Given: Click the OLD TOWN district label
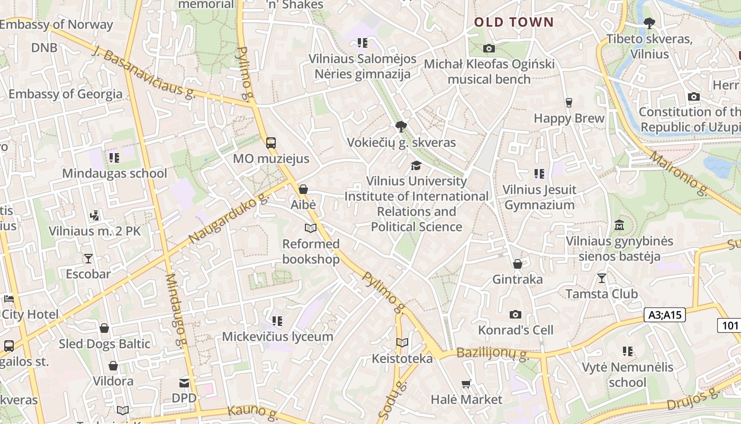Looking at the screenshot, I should coord(513,22).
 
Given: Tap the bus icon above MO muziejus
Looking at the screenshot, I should coord(270,143).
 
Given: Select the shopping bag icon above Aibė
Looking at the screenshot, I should coord(303,189).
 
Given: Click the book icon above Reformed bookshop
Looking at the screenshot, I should coord(311,228).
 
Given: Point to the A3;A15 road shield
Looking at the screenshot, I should coord(665,315).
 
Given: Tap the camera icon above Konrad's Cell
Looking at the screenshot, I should coord(516,314).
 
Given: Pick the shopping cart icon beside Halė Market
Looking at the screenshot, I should coord(466,384).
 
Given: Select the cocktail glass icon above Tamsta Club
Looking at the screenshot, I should coord(601,278).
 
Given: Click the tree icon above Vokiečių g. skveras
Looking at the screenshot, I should coord(401,127).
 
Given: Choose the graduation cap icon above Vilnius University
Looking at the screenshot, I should coord(416,165).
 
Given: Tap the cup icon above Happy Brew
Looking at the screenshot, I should coord(569,102).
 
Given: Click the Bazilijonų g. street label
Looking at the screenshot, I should coord(492,353).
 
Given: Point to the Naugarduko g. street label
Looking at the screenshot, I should coord(229,218).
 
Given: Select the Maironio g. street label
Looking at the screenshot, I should coord(679,173).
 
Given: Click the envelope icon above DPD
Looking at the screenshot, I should coord(184,383).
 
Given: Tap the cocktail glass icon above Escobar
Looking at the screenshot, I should coord(88,259).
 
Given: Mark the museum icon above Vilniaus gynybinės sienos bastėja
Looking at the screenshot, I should coord(619,225).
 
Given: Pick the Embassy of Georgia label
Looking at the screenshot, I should coord(66,94).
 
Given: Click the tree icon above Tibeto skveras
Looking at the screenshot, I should coord(649,23).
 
